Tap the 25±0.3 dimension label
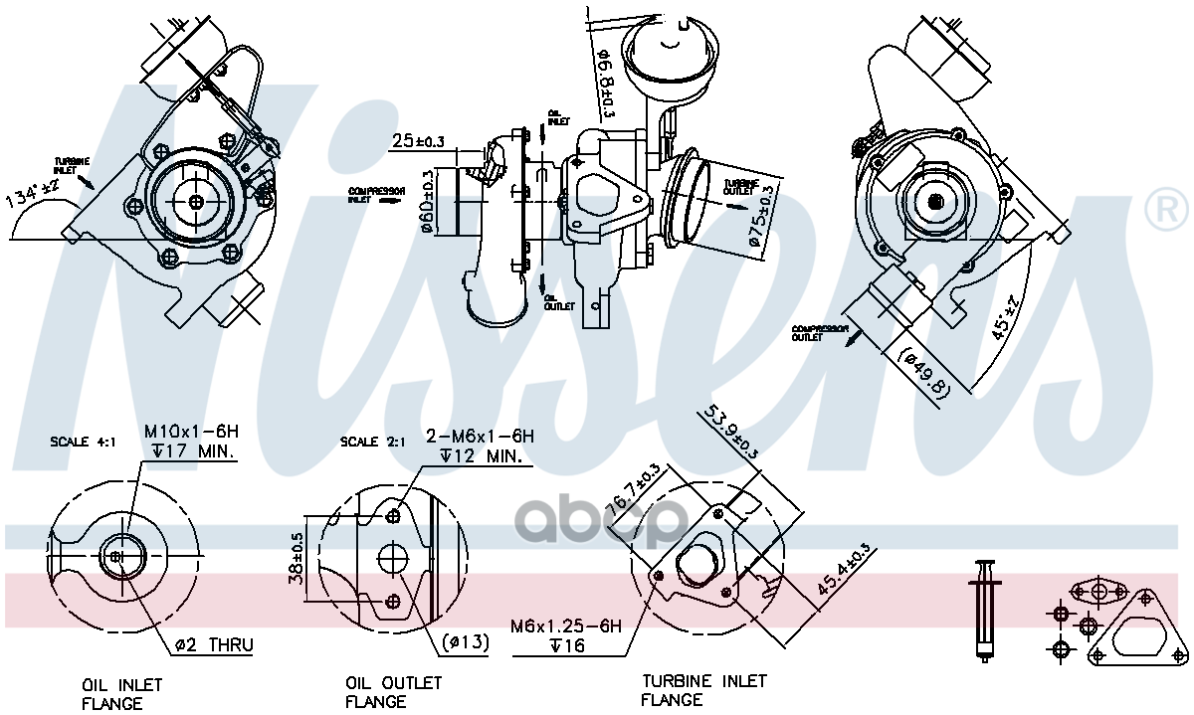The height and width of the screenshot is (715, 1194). coord(417,140)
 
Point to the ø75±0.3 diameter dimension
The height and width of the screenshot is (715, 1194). coord(760,215)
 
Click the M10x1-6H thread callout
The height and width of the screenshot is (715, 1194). coord(191,433)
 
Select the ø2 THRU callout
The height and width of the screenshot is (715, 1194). coord(214,645)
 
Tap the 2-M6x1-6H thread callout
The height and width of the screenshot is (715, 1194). coord(481,437)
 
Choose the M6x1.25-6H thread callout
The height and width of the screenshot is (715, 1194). coord(565,626)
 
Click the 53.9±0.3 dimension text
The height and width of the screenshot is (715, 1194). coord(732,431)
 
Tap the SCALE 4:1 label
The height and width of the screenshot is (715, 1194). coord(83,441)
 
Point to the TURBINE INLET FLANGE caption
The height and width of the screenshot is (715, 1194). coord(703,690)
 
